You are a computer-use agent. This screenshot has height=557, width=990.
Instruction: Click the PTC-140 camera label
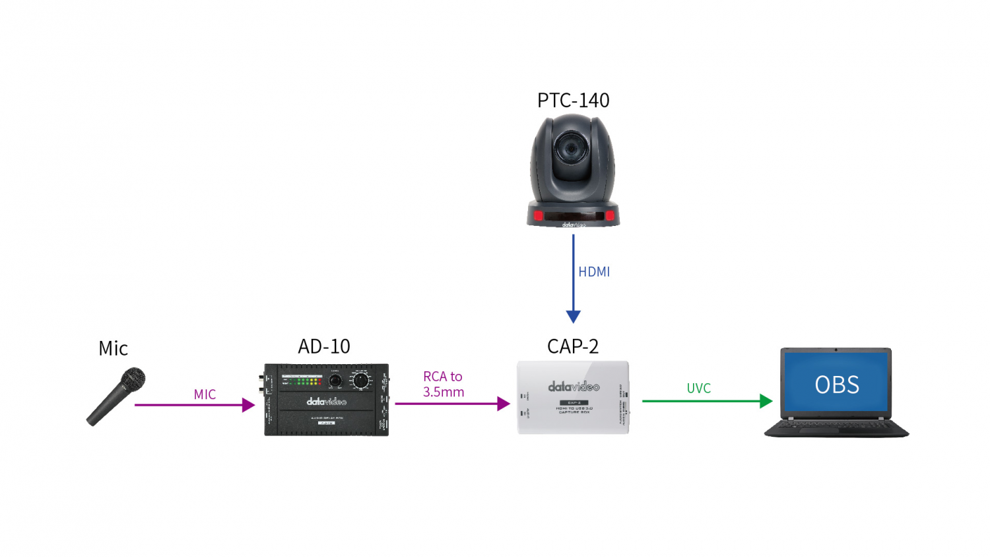click(573, 100)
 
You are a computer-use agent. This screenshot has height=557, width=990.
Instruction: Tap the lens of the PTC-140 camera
click(568, 147)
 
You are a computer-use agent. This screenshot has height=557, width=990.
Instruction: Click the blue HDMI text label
click(594, 272)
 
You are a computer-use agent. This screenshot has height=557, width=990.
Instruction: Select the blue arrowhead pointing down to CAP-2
click(574, 316)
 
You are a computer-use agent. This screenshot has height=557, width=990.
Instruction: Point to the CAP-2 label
click(573, 346)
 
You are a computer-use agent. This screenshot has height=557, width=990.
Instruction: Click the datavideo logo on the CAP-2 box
click(574, 387)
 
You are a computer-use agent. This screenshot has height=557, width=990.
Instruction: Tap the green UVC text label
click(698, 389)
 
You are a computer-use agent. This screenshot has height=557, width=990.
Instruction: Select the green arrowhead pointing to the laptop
click(766, 401)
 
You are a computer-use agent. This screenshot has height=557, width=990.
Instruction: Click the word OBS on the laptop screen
click(837, 385)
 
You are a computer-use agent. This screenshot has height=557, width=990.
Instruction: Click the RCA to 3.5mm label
click(444, 384)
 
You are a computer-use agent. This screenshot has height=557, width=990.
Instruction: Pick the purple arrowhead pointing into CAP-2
click(504, 404)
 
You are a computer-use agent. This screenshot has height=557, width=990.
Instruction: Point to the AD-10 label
click(324, 346)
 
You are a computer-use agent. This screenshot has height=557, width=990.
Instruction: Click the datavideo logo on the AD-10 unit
click(326, 402)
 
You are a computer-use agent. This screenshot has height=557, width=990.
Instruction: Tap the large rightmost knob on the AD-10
click(360, 381)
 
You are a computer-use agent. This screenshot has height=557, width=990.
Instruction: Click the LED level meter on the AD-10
click(302, 381)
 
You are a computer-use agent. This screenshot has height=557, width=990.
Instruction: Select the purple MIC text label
click(205, 394)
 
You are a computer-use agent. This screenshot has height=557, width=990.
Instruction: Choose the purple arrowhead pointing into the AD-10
click(248, 405)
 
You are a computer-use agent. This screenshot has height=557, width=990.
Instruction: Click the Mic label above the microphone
click(113, 348)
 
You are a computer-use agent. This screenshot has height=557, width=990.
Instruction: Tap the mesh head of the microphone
click(133, 379)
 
